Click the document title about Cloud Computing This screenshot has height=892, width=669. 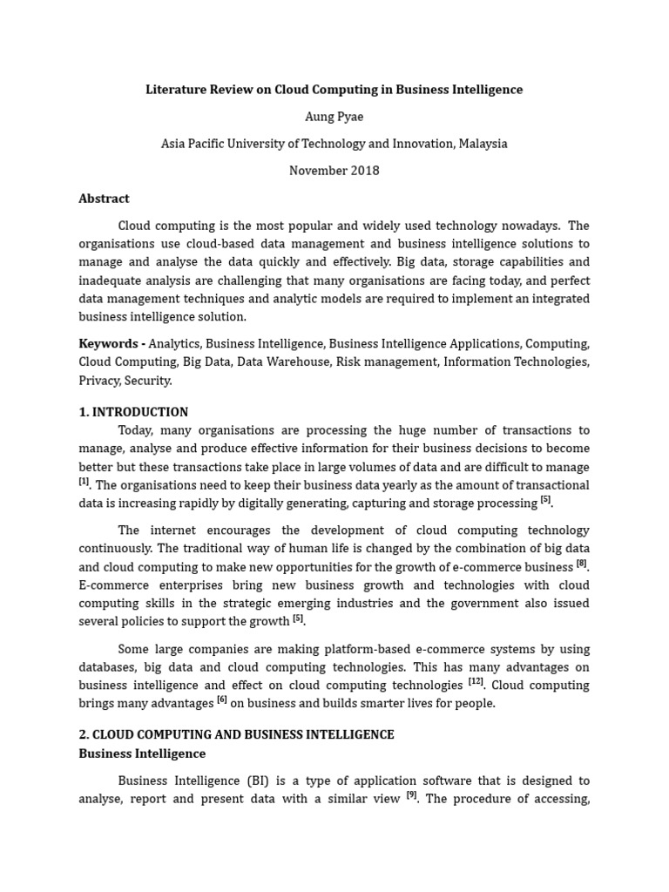(334, 90)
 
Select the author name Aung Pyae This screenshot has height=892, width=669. (334, 117)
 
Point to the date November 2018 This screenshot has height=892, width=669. (334, 171)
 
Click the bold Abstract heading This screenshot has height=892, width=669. (104, 199)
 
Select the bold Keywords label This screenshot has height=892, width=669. (109, 343)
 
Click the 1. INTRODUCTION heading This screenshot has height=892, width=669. (133, 412)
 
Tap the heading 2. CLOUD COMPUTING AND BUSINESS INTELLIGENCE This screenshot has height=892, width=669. (236, 734)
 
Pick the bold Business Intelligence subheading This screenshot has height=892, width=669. (142, 753)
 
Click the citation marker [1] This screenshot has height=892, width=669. (84, 482)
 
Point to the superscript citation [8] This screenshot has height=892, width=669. (581, 564)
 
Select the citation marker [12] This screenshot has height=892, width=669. (476, 682)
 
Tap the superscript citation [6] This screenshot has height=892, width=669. (222, 700)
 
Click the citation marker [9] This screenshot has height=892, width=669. (412, 794)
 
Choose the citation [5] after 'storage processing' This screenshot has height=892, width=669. (545, 500)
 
